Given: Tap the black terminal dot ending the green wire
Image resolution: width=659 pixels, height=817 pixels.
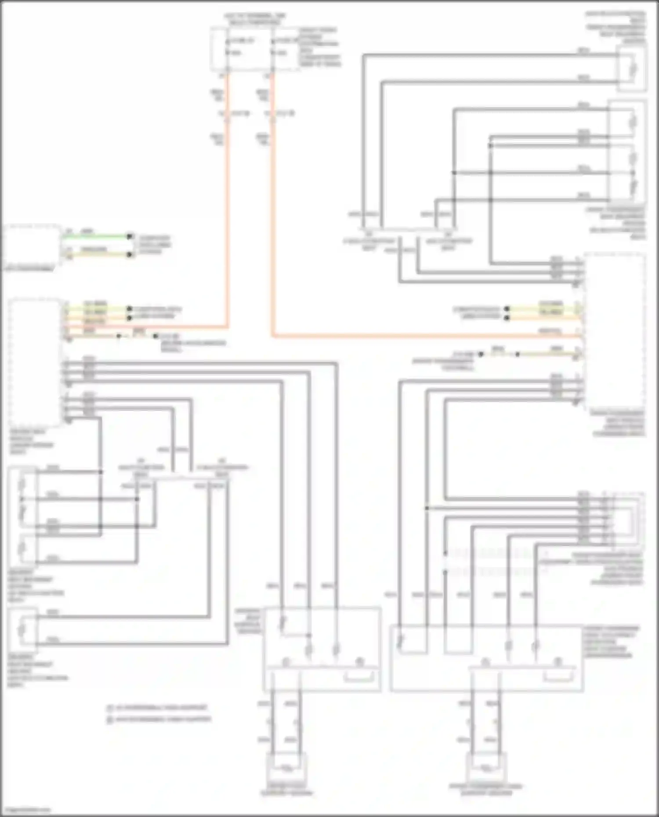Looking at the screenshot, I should [130, 237].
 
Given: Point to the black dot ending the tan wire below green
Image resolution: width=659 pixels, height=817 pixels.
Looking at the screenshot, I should [130, 255].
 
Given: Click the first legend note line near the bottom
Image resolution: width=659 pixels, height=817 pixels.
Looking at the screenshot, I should [158, 708].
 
